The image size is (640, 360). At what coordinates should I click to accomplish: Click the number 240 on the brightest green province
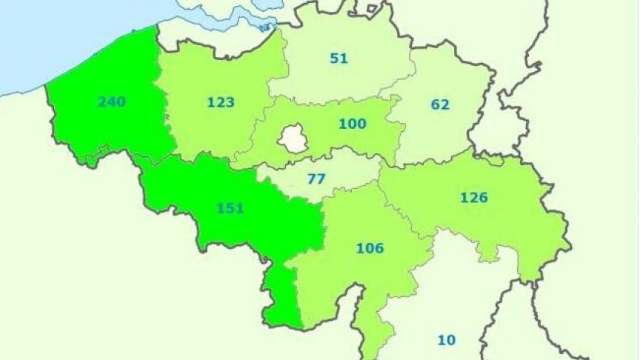[x=111, y=101]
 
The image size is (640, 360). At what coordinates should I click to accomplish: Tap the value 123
[x=221, y=102]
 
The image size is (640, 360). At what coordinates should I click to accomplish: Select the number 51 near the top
[x=339, y=58]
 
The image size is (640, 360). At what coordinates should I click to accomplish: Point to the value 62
[x=440, y=104]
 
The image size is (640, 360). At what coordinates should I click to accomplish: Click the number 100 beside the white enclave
[x=352, y=124]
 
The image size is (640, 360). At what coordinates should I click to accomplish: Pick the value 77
[x=317, y=179]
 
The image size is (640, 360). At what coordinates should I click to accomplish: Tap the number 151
[x=230, y=208]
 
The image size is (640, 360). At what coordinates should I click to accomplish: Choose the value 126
[x=473, y=198]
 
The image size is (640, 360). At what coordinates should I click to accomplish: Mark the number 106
[x=370, y=248]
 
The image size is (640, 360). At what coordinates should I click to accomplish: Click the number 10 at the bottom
[x=446, y=340]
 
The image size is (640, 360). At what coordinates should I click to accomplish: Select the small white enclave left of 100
[x=294, y=139]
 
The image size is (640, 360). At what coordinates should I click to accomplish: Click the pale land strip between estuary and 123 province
[x=207, y=37]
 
